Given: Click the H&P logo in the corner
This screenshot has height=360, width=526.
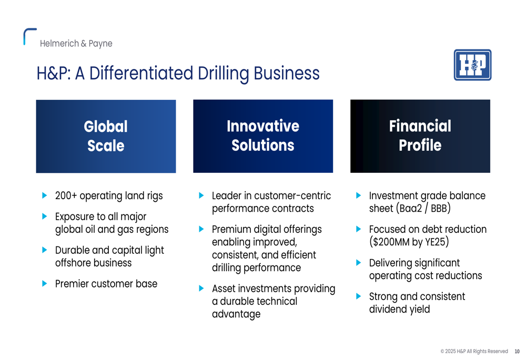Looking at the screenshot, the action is (472, 65).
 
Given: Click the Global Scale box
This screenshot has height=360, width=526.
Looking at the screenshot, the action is (106, 136).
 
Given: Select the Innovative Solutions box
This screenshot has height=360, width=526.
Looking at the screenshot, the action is (263, 136).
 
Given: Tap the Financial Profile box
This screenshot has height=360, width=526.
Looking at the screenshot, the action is (420, 136).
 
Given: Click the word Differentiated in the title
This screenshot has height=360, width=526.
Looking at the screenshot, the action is (141, 73).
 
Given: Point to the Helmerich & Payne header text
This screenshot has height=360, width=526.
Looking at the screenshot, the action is (76, 44).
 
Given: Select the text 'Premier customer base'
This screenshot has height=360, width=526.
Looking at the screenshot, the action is (106, 284).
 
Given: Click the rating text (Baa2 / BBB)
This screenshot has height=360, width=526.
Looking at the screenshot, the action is (423, 209).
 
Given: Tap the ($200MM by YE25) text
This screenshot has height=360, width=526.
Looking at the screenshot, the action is (409, 242).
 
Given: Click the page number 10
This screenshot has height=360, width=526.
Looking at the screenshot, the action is (517, 351).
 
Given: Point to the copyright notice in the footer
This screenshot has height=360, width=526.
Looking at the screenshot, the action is (474, 351).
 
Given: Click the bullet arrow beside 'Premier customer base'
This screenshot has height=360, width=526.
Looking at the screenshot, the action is (44, 284).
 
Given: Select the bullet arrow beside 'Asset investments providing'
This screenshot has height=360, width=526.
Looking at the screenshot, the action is (201, 289).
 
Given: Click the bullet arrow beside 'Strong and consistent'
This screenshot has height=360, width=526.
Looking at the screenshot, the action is (358, 296).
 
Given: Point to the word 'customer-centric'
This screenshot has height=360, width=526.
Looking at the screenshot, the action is (292, 196).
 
